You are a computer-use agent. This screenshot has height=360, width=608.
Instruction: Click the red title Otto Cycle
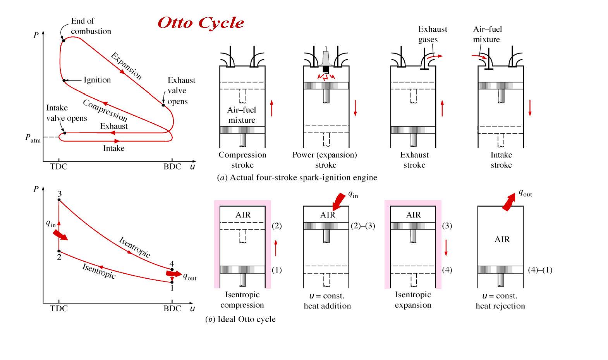pos(201,22)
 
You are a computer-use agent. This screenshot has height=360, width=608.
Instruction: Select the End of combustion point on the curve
pos(63,40)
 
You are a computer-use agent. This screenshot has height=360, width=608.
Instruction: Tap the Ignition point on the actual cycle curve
pos(64,81)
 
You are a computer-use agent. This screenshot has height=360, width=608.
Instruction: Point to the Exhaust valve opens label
pos(181,91)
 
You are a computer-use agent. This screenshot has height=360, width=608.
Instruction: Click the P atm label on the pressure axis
pos(33,138)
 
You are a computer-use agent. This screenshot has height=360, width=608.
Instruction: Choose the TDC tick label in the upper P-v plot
pos(59,167)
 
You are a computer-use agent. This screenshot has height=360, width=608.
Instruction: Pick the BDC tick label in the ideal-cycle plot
pos(172,309)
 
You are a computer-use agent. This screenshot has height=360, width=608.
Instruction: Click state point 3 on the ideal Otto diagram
pos(59,200)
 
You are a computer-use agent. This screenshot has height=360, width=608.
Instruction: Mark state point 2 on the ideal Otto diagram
pos(59,251)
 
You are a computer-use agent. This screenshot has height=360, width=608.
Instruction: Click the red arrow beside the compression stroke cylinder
pos(272,108)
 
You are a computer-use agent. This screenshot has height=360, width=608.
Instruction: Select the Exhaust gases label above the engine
pos(432,34)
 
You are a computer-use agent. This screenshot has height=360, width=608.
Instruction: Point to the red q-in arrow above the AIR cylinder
pos(339,201)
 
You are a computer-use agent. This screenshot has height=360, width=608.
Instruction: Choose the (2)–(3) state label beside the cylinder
pos(363,226)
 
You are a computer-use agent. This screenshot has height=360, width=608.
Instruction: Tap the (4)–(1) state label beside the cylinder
pos(540,270)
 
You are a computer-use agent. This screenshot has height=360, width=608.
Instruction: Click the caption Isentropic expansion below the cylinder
pos(413,300)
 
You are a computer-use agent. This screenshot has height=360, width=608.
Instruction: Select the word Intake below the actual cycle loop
pos(114,148)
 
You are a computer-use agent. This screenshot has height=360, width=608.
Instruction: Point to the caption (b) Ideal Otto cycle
pos(240,319)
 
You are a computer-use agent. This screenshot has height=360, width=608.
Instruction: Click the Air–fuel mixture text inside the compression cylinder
pos(242,115)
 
